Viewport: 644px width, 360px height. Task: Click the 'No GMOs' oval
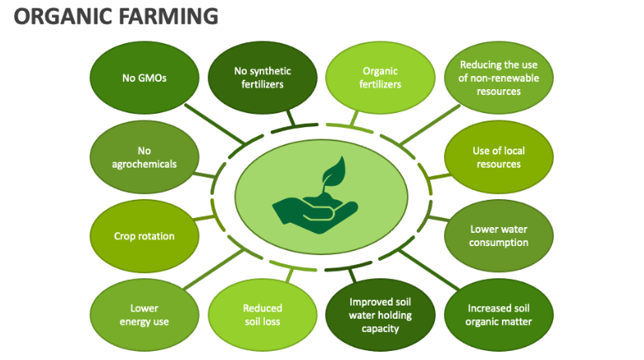[x=144, y=78]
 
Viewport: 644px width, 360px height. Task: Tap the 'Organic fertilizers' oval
[x=381, y=78]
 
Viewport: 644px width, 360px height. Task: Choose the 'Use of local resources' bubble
[x=499, y=157]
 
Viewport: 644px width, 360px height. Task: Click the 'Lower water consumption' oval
[x=499, y=236]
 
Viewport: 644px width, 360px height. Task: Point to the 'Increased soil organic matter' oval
[x=499, y=315]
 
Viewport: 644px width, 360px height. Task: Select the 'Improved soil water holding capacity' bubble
[x=381, y=315]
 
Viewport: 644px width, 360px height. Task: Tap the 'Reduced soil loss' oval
[x=263, y=315]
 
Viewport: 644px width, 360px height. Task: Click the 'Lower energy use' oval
[x=144, y=315]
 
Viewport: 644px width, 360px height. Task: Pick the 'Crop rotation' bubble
[x=144, y=236]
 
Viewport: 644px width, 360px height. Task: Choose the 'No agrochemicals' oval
[x=144, y=157]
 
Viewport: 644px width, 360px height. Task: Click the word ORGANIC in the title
[x=62, y=16]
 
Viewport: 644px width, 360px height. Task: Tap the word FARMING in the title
[x=169, y=16]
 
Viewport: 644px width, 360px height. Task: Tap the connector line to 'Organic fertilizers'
[x=357, y=119]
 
